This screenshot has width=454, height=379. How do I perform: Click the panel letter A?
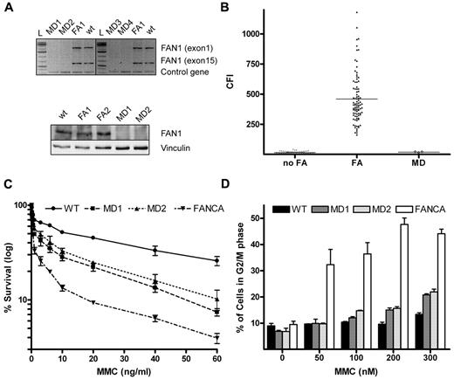coord(7,7)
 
